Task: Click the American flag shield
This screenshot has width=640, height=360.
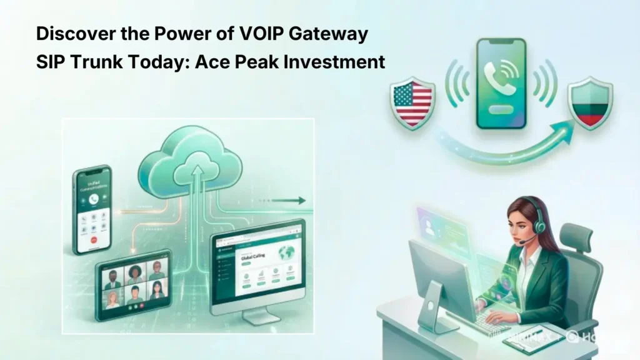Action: click(x=411, y=102)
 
